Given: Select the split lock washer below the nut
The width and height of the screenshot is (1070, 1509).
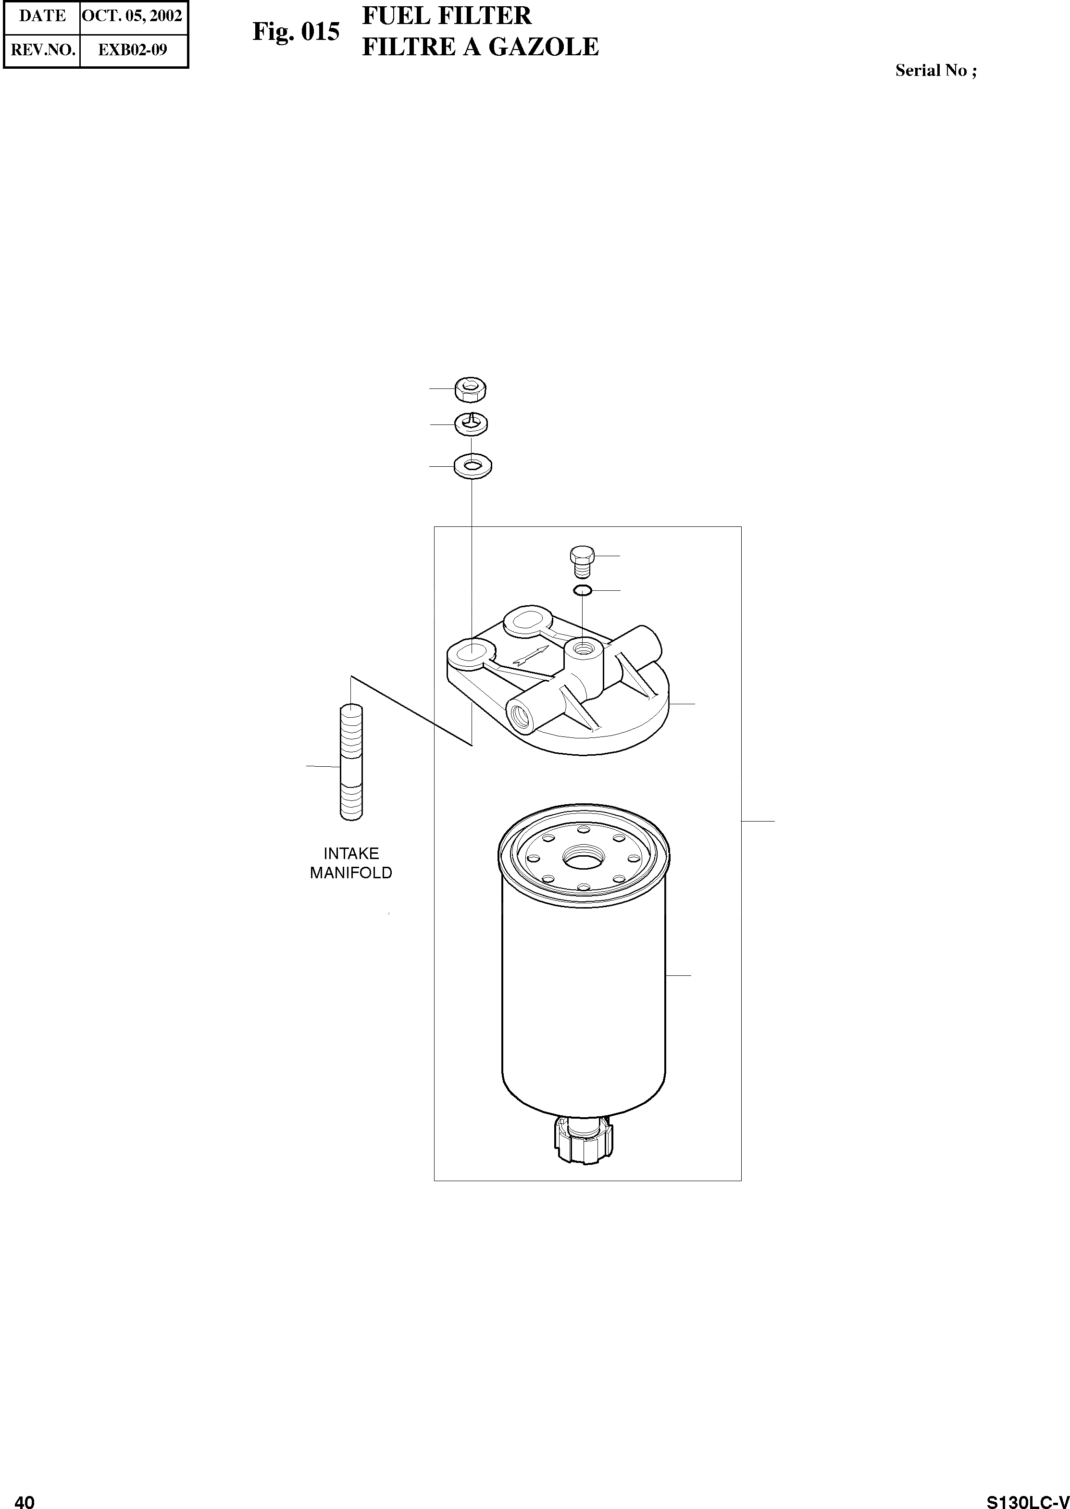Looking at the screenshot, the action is tap(472, 423).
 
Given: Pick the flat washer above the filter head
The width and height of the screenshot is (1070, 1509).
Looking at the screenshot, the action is tap(473, 466).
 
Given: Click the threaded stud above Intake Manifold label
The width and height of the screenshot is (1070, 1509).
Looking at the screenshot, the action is tap(352, 762).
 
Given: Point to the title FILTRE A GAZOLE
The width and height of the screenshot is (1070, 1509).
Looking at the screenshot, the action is tap(480, 47).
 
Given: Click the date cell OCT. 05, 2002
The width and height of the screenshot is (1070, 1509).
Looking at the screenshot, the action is tap(132, 16).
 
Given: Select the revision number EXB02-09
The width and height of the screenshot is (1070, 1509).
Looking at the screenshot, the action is tap(133, 50).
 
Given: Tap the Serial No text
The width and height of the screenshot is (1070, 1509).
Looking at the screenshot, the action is tap(935, 71).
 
